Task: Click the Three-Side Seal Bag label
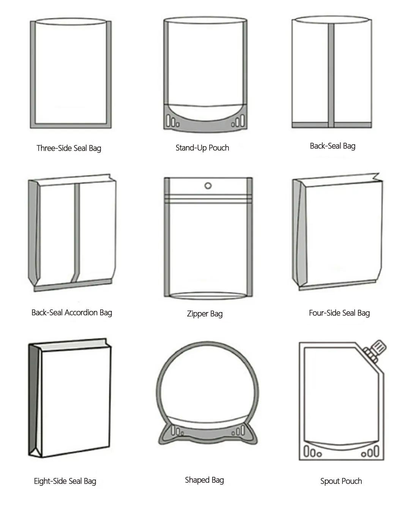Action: (x=69, y=148)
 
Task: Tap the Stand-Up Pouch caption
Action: (x=202, y=148)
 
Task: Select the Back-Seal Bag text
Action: (x=332, y=146)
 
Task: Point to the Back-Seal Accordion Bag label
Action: (x=72, y=312)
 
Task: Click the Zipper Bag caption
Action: (x=205, y=314)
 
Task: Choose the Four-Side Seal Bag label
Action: (x=339, y=313)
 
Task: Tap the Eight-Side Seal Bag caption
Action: (x=65, y=481)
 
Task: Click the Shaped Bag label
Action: (x=204, y=480)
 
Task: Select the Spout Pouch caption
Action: (x=341, y=481)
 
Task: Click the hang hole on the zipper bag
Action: (x=208, y=186)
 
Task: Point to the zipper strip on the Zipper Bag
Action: (x=208, y=197)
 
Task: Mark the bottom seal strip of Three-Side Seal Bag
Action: (x=71, y=126)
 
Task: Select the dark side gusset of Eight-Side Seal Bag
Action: (x=34, y=399)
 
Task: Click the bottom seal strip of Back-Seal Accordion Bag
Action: (x=72, y=286)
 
